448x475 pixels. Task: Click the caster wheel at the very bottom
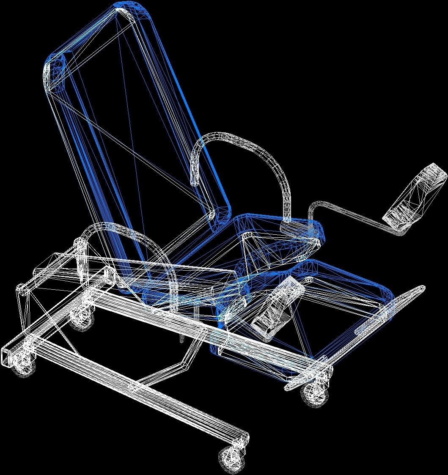(x=231, y=458)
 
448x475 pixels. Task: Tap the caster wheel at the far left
(x=22, y=364)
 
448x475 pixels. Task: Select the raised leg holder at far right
(x=417, y=197)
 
